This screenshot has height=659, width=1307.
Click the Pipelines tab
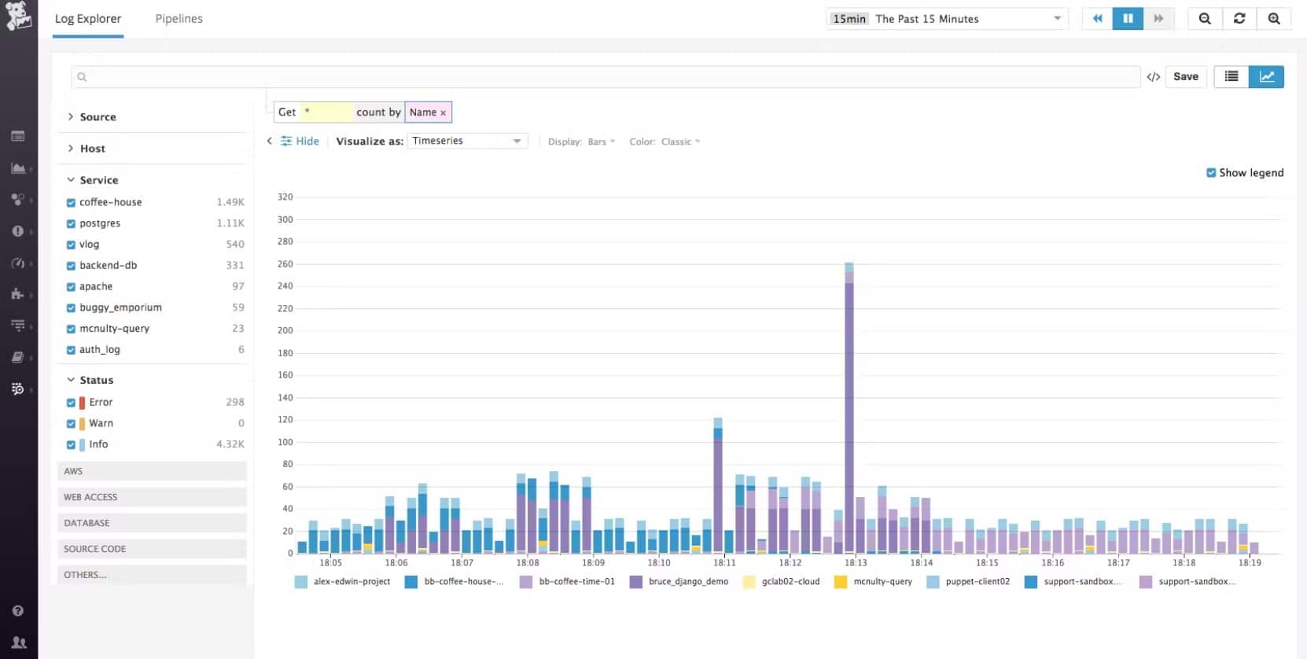coord(179,19)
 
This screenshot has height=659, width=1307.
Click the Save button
coord(1185,76)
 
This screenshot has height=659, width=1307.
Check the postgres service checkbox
coord(71,224)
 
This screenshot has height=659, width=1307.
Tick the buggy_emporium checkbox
coord(71,308)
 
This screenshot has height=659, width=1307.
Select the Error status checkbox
coord(71,403)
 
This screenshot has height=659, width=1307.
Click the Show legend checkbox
coord(1211,173)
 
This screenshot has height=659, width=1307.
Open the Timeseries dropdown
coord(467,141)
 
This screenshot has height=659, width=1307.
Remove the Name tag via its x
coord(444,113)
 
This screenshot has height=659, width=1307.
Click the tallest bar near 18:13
coord(849,409)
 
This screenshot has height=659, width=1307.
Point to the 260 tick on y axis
coord(285,264)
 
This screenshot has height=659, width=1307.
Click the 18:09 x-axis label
coord(593,563)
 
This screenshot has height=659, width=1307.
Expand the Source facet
coord(97,117)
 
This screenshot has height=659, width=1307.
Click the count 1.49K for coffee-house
coord(230,203)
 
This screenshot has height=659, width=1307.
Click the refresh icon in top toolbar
coord(1239,19)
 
